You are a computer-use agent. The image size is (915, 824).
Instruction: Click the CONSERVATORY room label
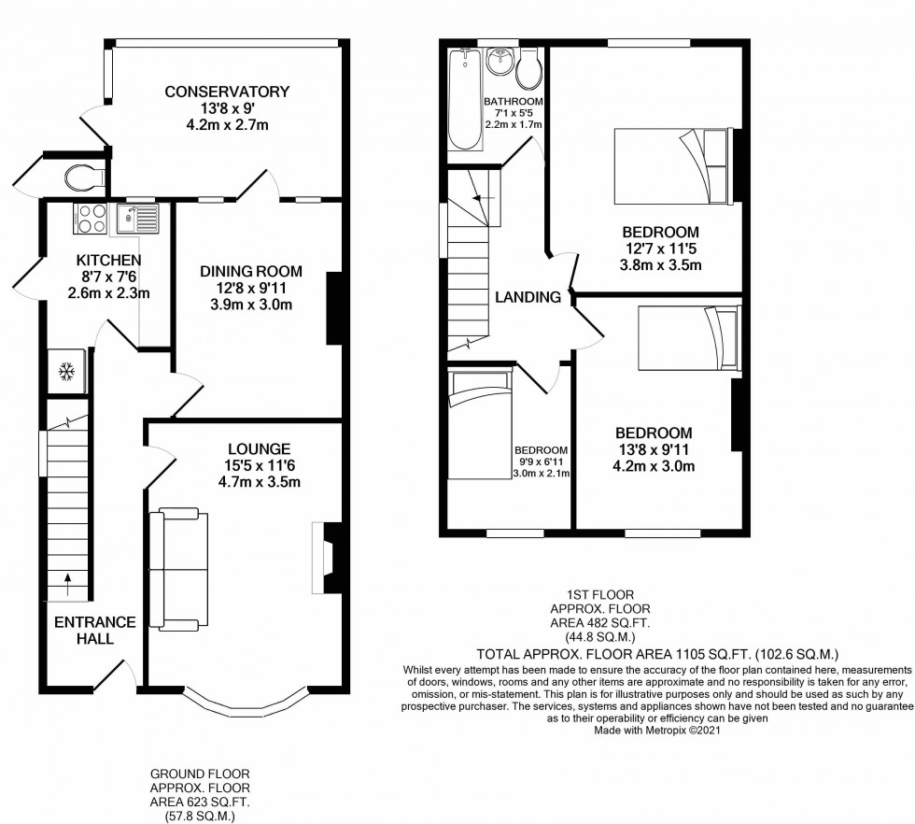pyautogui.click(x=227, y=92)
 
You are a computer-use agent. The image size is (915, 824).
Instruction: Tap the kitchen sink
pyautogui.click(x=137, y=219)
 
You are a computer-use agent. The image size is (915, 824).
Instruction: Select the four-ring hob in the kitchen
pyautogui.click(x=91, y=219)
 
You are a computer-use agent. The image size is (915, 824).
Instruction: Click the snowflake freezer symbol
pyautogui.click(x=67, y=372)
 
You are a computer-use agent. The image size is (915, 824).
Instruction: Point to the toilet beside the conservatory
pyautogui.click(x=85, y=178)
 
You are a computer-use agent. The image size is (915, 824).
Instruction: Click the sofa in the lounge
pyautogui.click(x=178, y=570)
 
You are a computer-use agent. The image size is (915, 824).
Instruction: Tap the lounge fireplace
pyautogui.click(x=327, y=558)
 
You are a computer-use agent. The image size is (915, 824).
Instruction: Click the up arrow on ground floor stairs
pyautogui.click(x=67, y=585)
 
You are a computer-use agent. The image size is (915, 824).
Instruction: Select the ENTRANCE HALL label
pyautogui.click(x=95, y=630)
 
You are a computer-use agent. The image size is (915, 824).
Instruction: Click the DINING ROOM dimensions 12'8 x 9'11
pyautogui.click(x=251, y=288)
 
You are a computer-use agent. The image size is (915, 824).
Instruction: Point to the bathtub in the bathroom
pyautogui.click(x=465, y=99)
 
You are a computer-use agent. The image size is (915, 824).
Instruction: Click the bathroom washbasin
pyautogui.click(x=500, y=61)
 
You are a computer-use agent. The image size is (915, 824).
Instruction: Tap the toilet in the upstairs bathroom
pyautogui.click(x=529, y=69)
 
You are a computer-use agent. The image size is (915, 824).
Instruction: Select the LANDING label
pyautogui.click(x=528, y=297)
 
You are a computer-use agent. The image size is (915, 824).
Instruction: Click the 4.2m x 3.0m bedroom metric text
pyautogui.click(x=654, y=466)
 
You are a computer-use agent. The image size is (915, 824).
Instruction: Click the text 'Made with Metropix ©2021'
pyautogui.click(x=657, y=730)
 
